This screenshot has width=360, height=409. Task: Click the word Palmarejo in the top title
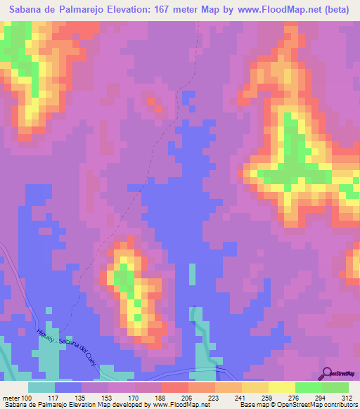click(x=79, y=10)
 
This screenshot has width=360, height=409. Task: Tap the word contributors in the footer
click(x=339, y=404)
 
